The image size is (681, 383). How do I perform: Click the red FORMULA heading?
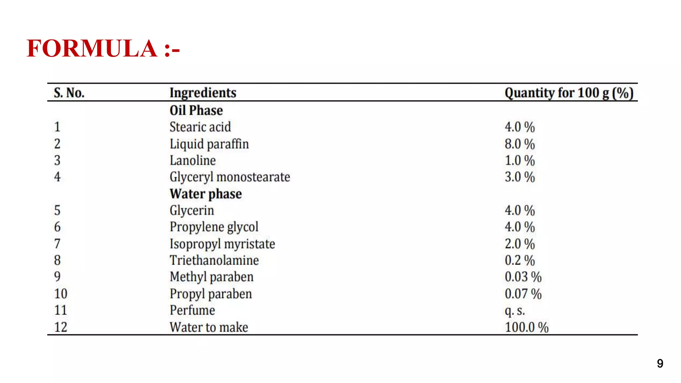tap(103, 49)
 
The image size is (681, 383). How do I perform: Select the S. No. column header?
tap(69, 93)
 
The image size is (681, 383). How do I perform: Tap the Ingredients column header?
tap(203, 93)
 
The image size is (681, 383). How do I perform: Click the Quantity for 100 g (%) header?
tap(569, 93)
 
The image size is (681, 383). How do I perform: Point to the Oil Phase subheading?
tap(196, 110)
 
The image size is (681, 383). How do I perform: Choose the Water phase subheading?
tap(205, 194)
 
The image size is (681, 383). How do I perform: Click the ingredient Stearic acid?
tap(200, 127)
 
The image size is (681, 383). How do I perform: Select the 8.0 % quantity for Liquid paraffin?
tap(519, 144)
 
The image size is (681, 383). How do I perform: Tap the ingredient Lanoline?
tap(193, 161)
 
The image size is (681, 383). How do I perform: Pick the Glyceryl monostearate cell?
tap(230, 177)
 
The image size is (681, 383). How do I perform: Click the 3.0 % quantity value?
tap(519, 177)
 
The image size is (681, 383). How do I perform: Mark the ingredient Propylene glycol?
tap(214, 227)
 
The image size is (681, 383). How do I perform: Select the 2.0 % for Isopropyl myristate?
tap(519, 244)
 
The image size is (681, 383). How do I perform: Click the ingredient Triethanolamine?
tap(214, 260)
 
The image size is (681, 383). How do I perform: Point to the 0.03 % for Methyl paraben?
tap(523, 277)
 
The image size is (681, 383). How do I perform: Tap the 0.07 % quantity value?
tap(523, 294)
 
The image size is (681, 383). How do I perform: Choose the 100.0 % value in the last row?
tap(526, 327)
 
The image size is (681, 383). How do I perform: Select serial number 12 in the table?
tap(61, 327)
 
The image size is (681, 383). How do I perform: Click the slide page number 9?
tap(660, 363)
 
